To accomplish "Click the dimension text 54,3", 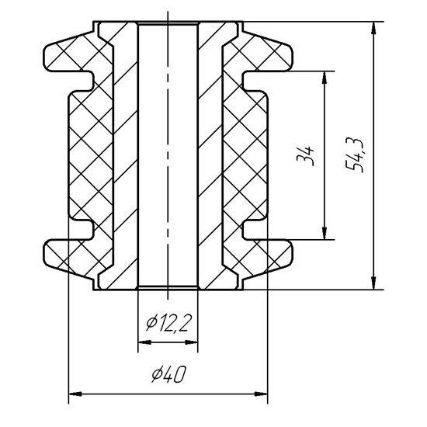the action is [x=354, y=154].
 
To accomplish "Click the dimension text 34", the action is [x=305, y=156].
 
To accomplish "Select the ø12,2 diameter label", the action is [x=168, y=323].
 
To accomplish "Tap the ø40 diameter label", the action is [x=168, y=374].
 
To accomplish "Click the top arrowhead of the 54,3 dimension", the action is [x=374, y=28].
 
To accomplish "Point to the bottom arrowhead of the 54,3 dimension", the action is [x=374, y=283].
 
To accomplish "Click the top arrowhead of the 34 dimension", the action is [x=325, y=78].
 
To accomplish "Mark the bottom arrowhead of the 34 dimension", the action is [x=325, y=233].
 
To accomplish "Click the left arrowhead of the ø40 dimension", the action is [x=75, y=394].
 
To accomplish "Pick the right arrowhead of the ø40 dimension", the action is [x=261, y=394].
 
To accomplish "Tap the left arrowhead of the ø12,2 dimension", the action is [x=144, y=342].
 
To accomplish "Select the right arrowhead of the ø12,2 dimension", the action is [x=192, y=342].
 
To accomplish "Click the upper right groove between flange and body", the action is [x=255, y=81].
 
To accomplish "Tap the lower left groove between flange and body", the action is [x=81, y=230].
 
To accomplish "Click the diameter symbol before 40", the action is [x=156, y=374].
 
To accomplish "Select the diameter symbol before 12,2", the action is [x=151, y=323].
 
